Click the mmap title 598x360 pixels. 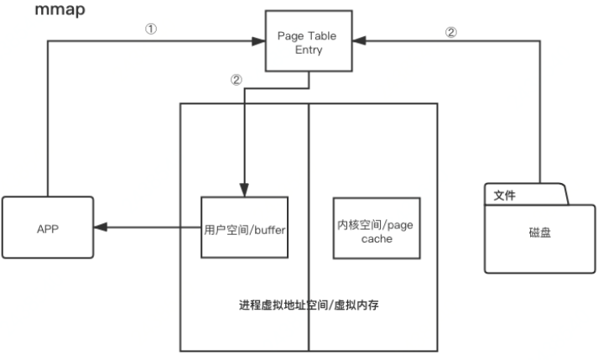pos(60,13)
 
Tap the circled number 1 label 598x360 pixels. pos(151,28)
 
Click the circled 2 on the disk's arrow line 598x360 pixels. pos(450,33)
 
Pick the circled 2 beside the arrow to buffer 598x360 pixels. pos(236,81)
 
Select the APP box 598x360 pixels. pos(47,227)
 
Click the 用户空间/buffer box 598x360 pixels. pos(245,227)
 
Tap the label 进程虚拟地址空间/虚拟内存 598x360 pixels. pos(309,304)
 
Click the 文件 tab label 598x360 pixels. pos(504,195)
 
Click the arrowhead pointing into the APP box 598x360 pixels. pos(100,227)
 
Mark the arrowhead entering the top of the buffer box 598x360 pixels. pos(244,191)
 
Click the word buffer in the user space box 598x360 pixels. pos(267,227)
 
